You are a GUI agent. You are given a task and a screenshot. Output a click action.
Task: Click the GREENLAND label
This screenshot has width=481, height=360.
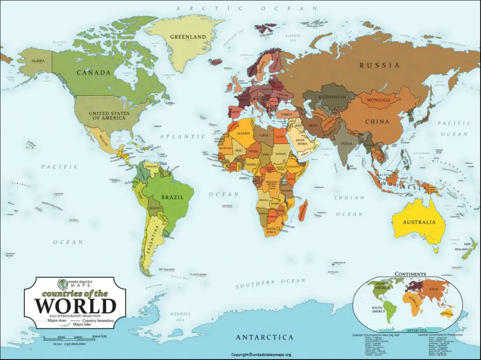188,37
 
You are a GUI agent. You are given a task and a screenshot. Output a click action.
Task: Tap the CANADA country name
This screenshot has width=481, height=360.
93,73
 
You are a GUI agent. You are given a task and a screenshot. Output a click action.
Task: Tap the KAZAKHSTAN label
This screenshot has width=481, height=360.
332,97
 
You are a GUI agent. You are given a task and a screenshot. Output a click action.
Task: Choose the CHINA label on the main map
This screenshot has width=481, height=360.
377,122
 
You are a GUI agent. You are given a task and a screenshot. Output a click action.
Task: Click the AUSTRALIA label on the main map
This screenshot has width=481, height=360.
419,222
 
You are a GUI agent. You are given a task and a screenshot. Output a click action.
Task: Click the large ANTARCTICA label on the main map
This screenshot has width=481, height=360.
264,337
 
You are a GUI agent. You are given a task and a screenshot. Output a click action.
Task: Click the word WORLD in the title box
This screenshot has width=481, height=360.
75,306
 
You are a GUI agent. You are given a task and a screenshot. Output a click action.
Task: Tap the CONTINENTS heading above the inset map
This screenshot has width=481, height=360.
411,274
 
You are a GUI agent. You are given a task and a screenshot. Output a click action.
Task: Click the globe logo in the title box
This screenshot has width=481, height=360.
62,284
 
